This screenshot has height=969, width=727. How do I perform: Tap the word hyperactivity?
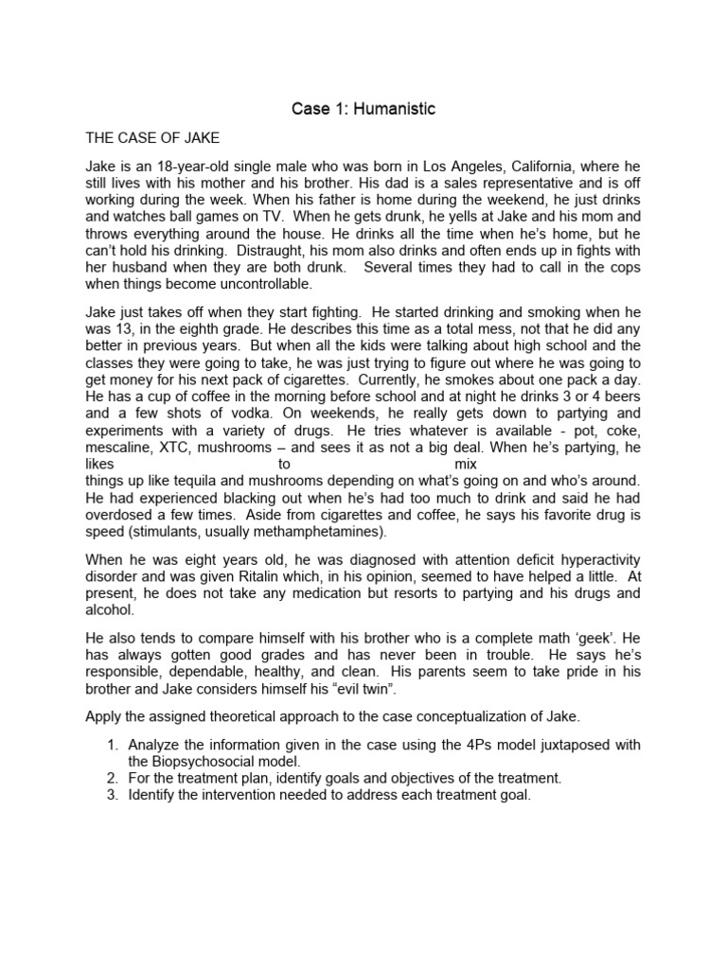596,560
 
